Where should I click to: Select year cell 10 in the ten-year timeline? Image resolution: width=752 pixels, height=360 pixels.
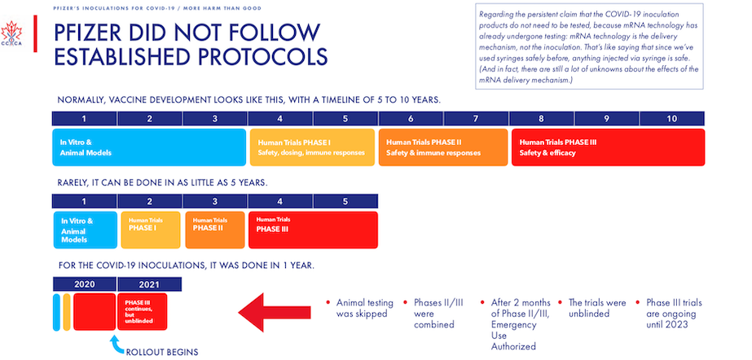pos(671,119)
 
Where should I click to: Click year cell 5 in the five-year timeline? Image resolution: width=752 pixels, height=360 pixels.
pos(345,201)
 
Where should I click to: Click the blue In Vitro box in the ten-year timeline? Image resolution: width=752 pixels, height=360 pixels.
pos(149,147)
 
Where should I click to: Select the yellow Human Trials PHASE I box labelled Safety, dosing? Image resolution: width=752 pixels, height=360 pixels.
pos(312,147)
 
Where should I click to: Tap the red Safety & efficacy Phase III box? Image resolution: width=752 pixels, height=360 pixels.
pos(606,147)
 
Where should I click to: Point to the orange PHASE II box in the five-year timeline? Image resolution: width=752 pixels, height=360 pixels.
pos(214,229)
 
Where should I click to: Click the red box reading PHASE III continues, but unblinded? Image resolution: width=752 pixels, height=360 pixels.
pos(143,311)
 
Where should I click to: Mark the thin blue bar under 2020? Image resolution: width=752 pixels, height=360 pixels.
pos(56,312)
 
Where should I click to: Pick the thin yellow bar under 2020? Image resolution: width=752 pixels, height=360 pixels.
pos(67,312)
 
